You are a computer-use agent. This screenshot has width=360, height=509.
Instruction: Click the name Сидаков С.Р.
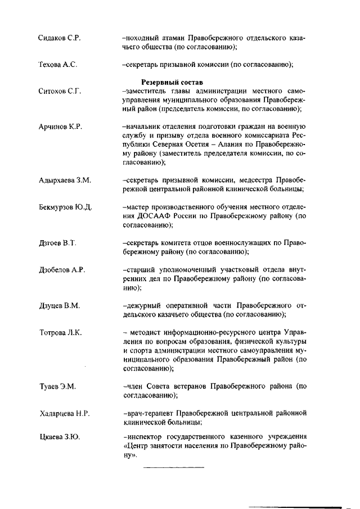(x=60, y=38)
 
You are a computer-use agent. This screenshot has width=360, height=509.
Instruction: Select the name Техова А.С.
(x=57, y=65)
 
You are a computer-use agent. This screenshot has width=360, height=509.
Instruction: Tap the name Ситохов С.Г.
(x=58, y=91)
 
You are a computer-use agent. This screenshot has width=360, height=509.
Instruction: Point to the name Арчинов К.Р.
(x=60, y=126)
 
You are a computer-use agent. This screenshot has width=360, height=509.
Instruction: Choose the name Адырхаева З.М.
(x=65, y=180)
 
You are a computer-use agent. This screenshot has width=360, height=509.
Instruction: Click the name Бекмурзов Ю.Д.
(x=66, y=207)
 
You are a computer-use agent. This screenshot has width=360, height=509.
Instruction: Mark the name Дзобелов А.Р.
(x=62, y=270)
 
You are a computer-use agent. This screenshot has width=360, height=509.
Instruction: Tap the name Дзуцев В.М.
(x=60, y=306)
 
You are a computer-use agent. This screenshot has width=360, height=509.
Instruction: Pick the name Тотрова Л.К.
(x=60, y=332)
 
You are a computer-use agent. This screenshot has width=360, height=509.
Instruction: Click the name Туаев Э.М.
(x=57, y=387)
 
